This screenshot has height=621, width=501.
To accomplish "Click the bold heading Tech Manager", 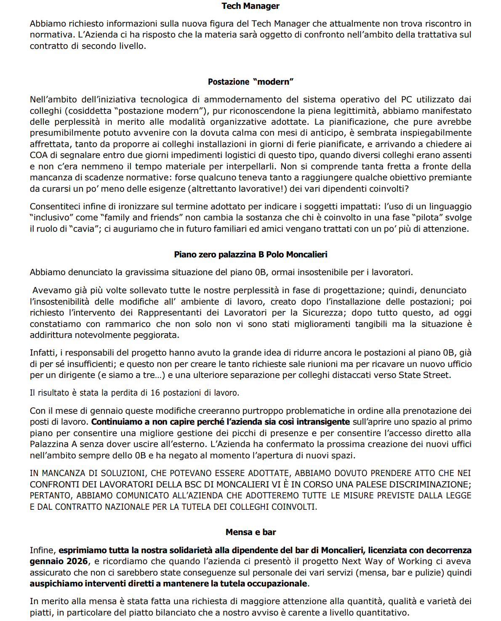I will coord(250,6).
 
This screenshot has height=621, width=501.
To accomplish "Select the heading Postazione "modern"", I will coord(250,82).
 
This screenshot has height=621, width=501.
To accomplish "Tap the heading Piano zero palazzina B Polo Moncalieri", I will coord(250,254).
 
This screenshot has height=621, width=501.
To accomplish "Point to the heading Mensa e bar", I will coord(250,532).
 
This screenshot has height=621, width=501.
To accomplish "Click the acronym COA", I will coord(38,155).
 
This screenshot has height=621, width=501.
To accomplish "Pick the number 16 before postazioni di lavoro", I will coord(155,393).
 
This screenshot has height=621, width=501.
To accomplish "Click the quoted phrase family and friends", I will coord(141,217).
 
